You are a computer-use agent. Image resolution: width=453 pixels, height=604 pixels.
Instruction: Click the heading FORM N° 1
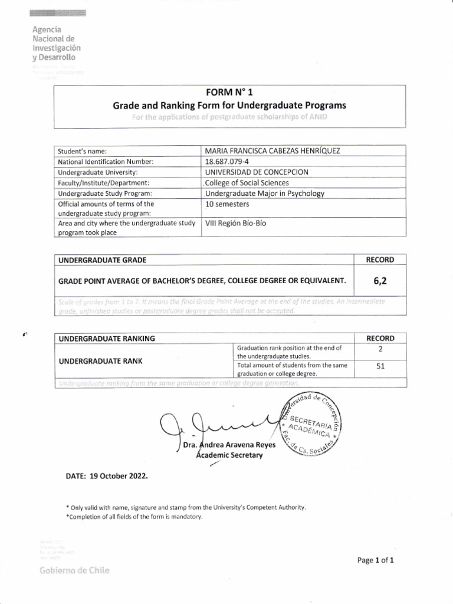229,93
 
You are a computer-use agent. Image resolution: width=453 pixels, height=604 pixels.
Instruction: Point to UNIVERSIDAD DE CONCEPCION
256,172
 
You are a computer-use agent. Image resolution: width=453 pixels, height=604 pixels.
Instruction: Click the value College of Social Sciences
243,183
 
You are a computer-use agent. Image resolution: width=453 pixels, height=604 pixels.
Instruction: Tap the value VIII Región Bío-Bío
235,224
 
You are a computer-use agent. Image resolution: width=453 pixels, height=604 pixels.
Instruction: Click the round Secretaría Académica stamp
313,425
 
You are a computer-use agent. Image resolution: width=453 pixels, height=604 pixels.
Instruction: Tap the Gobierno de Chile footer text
74,571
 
